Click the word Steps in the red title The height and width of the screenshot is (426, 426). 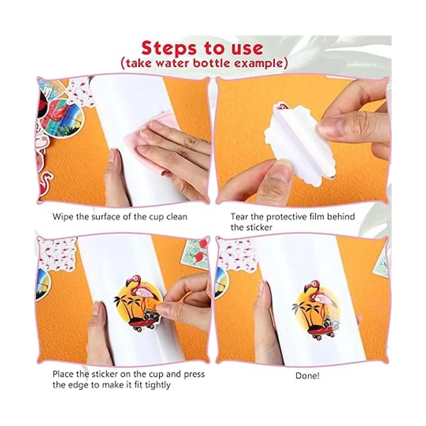coord(169,48)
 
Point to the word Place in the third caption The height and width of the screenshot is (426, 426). coord(63,374)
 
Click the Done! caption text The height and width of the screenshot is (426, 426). coord(307,376)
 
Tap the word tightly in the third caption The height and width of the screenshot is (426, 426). coord(158,385)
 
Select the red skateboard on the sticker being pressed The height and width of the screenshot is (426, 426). coord(142,326)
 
